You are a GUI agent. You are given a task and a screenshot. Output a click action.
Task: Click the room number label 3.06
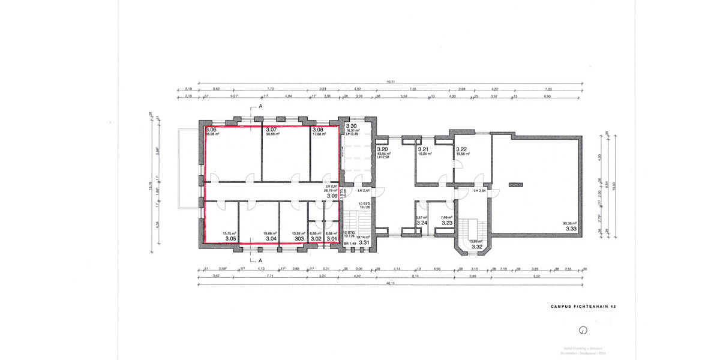click(x=211, y=130)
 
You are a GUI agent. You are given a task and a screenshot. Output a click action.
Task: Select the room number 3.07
click(x=271, y=130)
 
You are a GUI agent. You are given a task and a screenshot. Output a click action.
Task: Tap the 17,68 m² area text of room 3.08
click(x=319, y=134)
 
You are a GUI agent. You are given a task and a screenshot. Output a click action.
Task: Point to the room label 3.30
click(x=351, y=126)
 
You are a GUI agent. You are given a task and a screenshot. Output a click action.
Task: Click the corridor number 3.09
click(x=332, y=196)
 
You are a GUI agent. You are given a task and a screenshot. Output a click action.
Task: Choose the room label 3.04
click(x=271, y=239)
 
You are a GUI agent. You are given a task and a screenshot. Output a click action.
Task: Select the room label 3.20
click(x=382, y=149)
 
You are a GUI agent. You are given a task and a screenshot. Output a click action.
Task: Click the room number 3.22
click(x=461, y=149)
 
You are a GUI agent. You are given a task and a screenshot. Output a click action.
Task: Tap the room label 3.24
click(x=422, y=223)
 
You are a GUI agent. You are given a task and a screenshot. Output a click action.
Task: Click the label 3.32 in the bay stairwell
click(x=478, y=247)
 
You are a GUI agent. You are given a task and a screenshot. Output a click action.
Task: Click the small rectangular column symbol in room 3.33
click(x=515, y=184)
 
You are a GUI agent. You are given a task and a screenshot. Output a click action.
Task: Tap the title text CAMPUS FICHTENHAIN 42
click(x=583, y=307)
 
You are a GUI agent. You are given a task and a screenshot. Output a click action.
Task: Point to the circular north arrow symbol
click(x=583, y=330)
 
